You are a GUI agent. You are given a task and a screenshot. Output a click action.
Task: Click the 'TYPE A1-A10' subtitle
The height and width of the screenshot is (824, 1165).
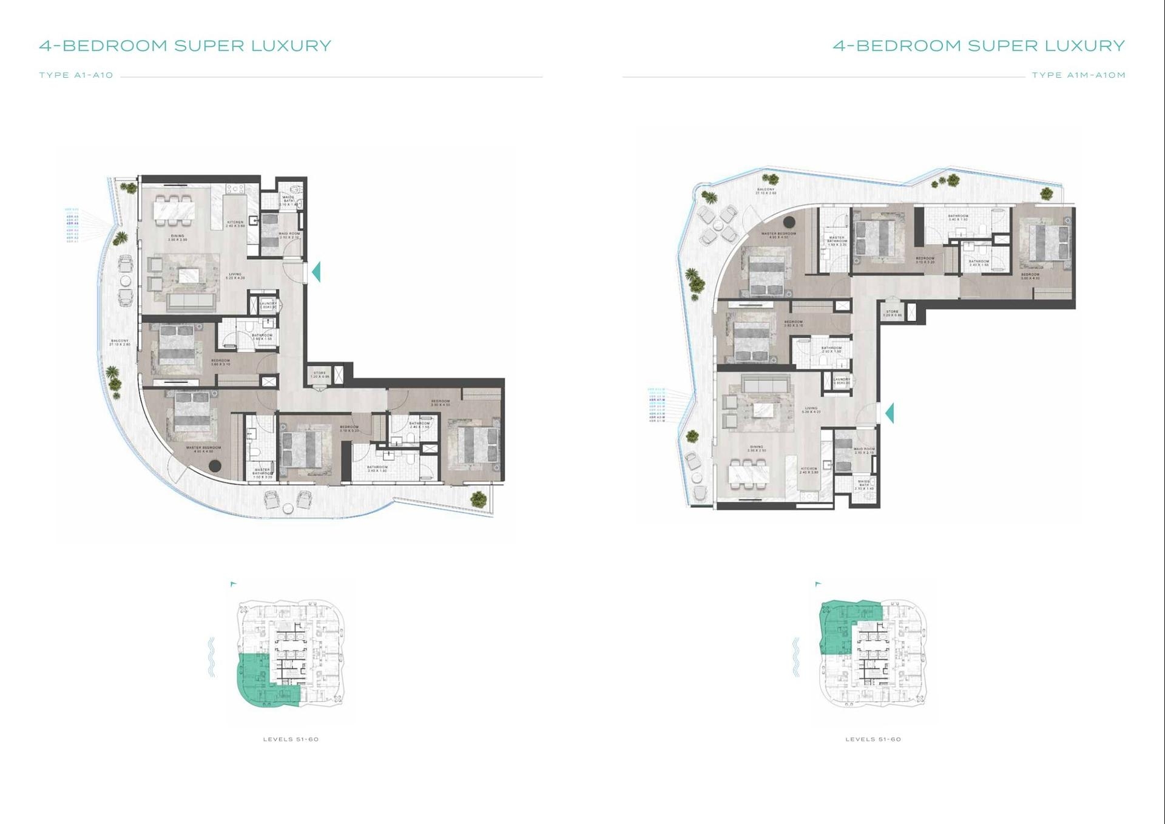[x=76, y=75]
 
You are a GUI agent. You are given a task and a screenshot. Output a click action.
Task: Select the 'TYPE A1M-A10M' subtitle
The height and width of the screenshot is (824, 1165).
[x=1078, y=75]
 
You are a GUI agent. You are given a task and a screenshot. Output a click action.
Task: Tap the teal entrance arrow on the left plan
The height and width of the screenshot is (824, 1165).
[x=316, y=271]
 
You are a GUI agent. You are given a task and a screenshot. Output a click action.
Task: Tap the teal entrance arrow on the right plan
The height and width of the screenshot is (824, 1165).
[x=890, y=413]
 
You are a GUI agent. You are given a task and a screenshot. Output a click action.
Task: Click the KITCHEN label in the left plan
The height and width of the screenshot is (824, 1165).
[x=235, y=223]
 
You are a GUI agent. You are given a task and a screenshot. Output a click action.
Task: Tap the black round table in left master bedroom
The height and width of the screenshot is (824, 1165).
[x=214, y=466]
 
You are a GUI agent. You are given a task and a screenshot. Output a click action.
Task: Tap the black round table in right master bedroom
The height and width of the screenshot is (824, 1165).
[x=789, y=222]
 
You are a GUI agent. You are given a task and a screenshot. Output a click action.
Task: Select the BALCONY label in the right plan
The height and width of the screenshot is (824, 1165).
[x=766, y=191]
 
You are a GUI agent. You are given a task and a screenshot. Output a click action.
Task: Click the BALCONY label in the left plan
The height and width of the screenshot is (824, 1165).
[x=120, y=342]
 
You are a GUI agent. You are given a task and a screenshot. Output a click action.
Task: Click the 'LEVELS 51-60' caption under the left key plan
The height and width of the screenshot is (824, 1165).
[x=291, y=739]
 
